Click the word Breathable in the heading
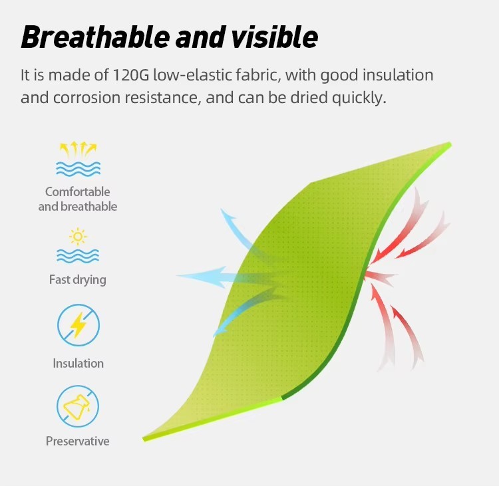[95, 37]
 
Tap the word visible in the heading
[274, 37]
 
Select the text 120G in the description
[131, 75]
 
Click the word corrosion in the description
[87, 98]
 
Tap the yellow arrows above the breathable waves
[78, 150]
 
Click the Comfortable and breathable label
[78, 199]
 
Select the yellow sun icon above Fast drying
[78, 237]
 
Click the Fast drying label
[78, 280]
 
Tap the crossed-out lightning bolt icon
[79, 325]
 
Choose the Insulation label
[79, 363]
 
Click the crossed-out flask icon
[78, 406]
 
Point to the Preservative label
[78, 441]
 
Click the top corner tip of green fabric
[450, 144]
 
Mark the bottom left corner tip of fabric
[144, 439]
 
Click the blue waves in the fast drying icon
[78, 256]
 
